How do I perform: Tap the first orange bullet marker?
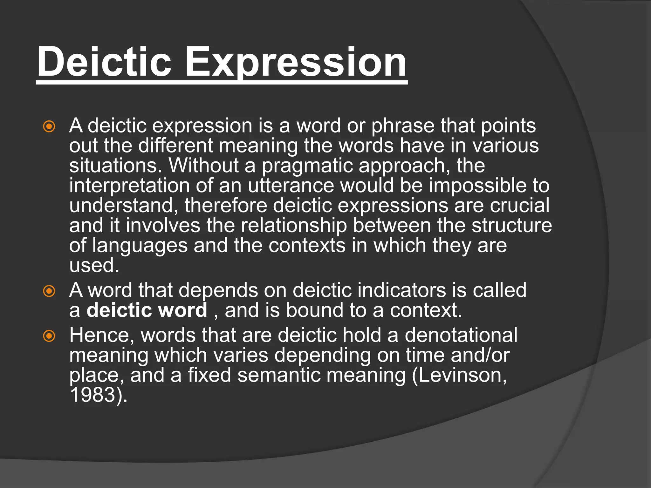tap(49, 127)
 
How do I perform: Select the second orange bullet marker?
tap(49, 291)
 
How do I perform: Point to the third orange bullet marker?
tap(49, 336)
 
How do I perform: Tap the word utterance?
tap(291, 186)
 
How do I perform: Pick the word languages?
tap(140, 246)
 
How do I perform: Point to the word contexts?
tap(307, 246)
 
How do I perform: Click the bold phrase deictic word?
tap(147, 310)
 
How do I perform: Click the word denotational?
tap(461, 335)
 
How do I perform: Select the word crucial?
tap(519, 206)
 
